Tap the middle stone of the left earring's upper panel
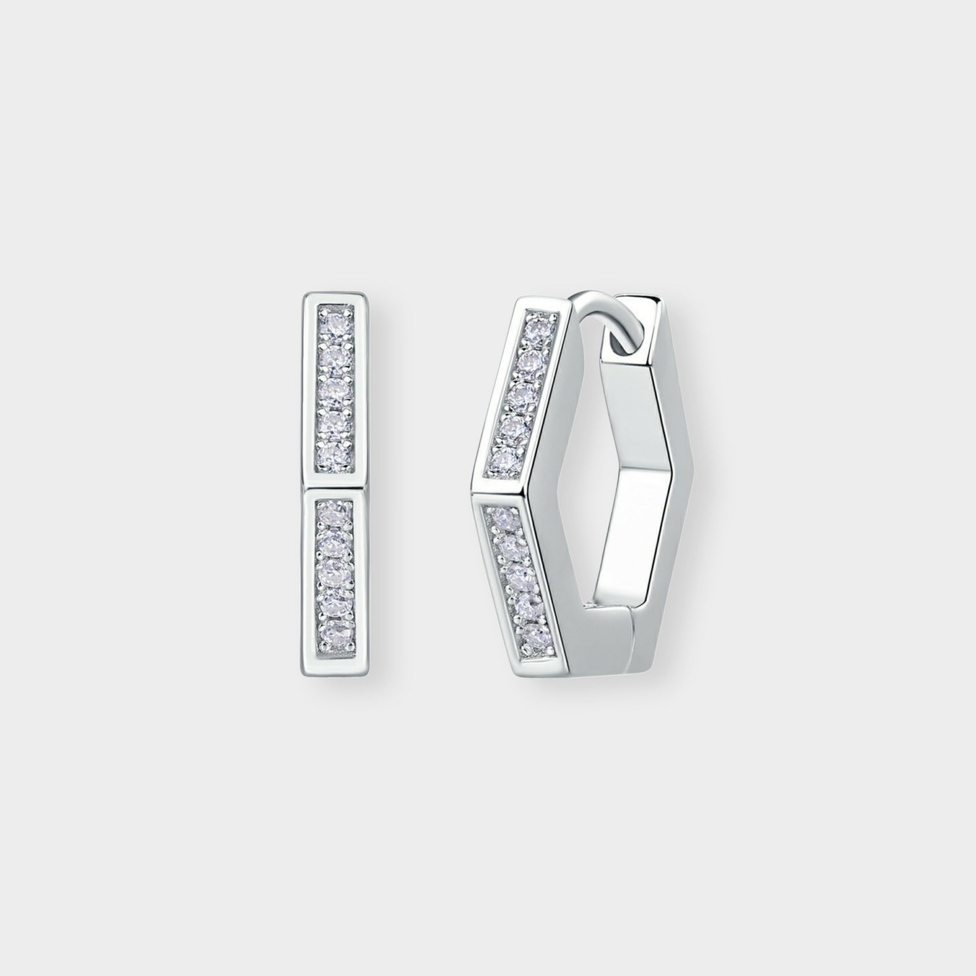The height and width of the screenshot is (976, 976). [332, 390]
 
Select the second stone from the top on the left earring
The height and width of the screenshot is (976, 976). [332, 355]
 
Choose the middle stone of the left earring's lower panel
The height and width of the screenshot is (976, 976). [332, 573]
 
